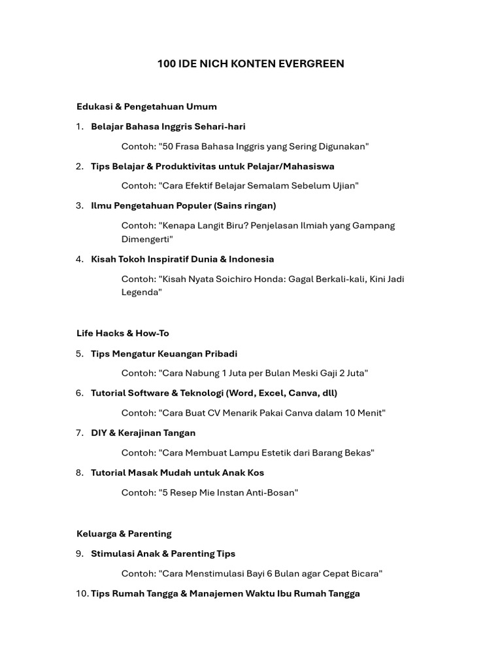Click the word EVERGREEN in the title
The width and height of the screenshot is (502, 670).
click(x=313, y=63)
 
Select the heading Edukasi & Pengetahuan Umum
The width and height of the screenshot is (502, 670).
click(x=146, y=106)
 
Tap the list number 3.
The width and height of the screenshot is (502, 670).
click(x=79, y=205)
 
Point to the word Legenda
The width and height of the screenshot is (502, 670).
click(x=141, y=292)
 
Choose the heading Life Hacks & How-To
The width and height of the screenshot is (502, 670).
click(x=123, y=333)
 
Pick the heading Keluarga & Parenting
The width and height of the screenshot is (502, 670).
click(x=124, y=533)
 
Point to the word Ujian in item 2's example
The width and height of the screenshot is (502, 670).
click(x=344, y=186)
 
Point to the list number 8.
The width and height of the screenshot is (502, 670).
click(x=79, y=472)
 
